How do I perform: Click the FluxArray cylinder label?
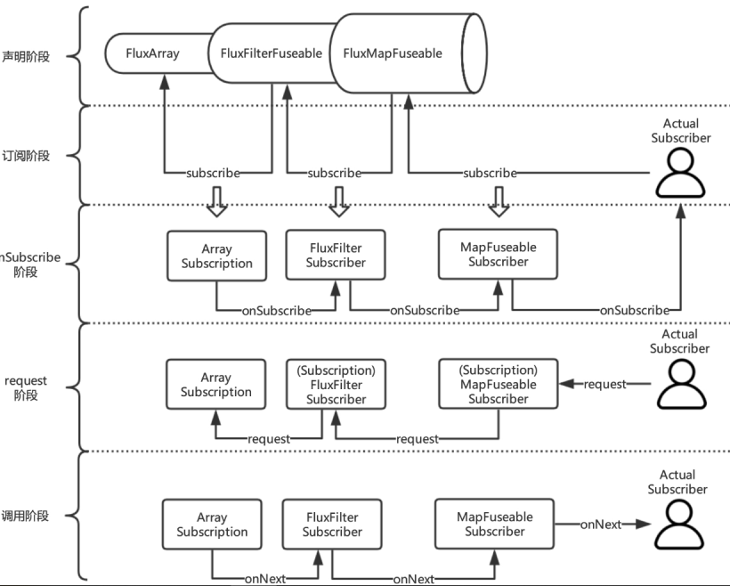click(x=152, y=53)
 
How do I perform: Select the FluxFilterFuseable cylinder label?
click(x=271, y=53)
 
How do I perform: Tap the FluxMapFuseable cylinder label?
click(x=393, y=53)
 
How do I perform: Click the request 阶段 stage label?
click(x=26, y=387)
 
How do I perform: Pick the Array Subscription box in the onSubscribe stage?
click(x=216, y=256)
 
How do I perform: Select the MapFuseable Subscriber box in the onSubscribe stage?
click(x=498, y=254)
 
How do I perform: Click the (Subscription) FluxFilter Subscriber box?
click(x=336, y=385)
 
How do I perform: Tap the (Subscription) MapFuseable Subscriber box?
click(x=498, y=384)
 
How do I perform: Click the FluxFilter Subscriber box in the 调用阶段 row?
click(x=331, y=524)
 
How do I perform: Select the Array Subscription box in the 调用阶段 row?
click(x=212, y=524)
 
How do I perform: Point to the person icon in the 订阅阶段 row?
click(x=681, y=173)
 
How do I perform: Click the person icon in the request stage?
click(x=680, y=384)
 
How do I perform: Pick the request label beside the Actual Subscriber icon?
click(x=604, y=384)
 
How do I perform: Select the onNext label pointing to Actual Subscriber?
click(x=601, y=525)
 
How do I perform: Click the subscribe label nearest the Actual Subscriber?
click(x=491, y=173)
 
